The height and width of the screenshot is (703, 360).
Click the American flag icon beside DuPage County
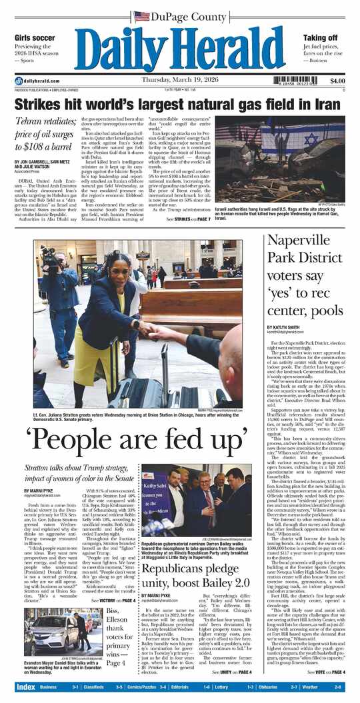[141, 16]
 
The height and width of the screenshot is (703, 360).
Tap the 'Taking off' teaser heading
[320, 37]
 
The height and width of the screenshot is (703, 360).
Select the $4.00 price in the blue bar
[337, 81]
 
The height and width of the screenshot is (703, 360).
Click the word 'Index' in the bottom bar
[26, 686]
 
